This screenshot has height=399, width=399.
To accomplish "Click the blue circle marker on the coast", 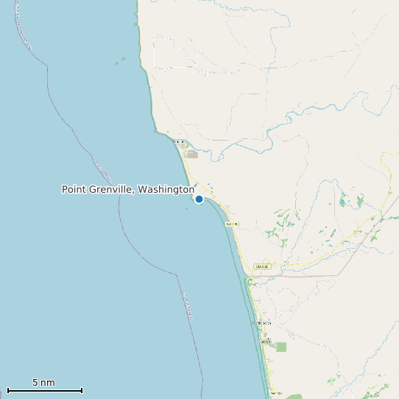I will (x=199, y=199).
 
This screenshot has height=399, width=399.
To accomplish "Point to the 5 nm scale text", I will (x=43, y=383).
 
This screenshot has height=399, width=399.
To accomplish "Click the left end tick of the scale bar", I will (x=7, y=390).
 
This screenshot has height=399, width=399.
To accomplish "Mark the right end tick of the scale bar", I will (x=82, y=390).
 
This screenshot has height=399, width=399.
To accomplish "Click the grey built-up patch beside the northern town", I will (x=192, y=155).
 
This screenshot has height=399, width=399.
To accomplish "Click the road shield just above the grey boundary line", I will (x=259, y=266).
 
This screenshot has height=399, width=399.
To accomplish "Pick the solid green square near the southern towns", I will (x=281, y=347).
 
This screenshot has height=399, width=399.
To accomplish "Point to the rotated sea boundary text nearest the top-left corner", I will (x=24, y=33).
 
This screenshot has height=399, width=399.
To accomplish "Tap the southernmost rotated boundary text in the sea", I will (x=188, y=305).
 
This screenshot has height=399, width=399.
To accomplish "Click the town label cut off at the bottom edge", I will (x=276, y=394).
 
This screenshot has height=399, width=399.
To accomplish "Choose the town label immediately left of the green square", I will (x=265, y=342).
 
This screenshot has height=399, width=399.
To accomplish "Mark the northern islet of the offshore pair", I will (x=123, y=59).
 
